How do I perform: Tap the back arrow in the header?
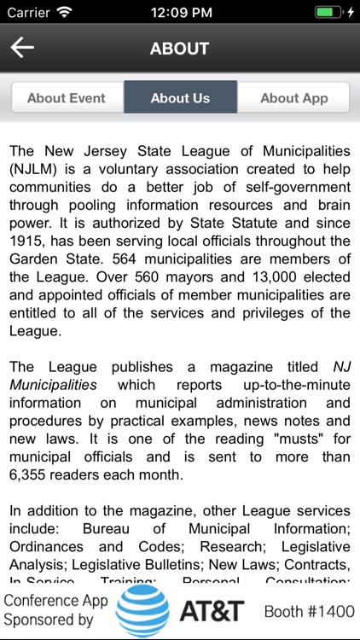tap(22, 48)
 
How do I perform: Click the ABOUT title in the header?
tap(179, 49)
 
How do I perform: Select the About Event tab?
tap(67, 98)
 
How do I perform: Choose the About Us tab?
tap(180, 98)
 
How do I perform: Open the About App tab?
tap(293, 98)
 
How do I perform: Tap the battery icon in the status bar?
tap(328, 13)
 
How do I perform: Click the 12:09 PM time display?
tap(179, 13)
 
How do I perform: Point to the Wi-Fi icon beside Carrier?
tap(65, 13)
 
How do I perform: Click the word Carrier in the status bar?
tap(28, 13)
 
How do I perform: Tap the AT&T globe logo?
tap(142, 611)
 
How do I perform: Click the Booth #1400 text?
tap(308, 612)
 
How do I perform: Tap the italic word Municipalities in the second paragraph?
tap(53, 385)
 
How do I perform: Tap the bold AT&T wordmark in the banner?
tap(212, 611)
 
